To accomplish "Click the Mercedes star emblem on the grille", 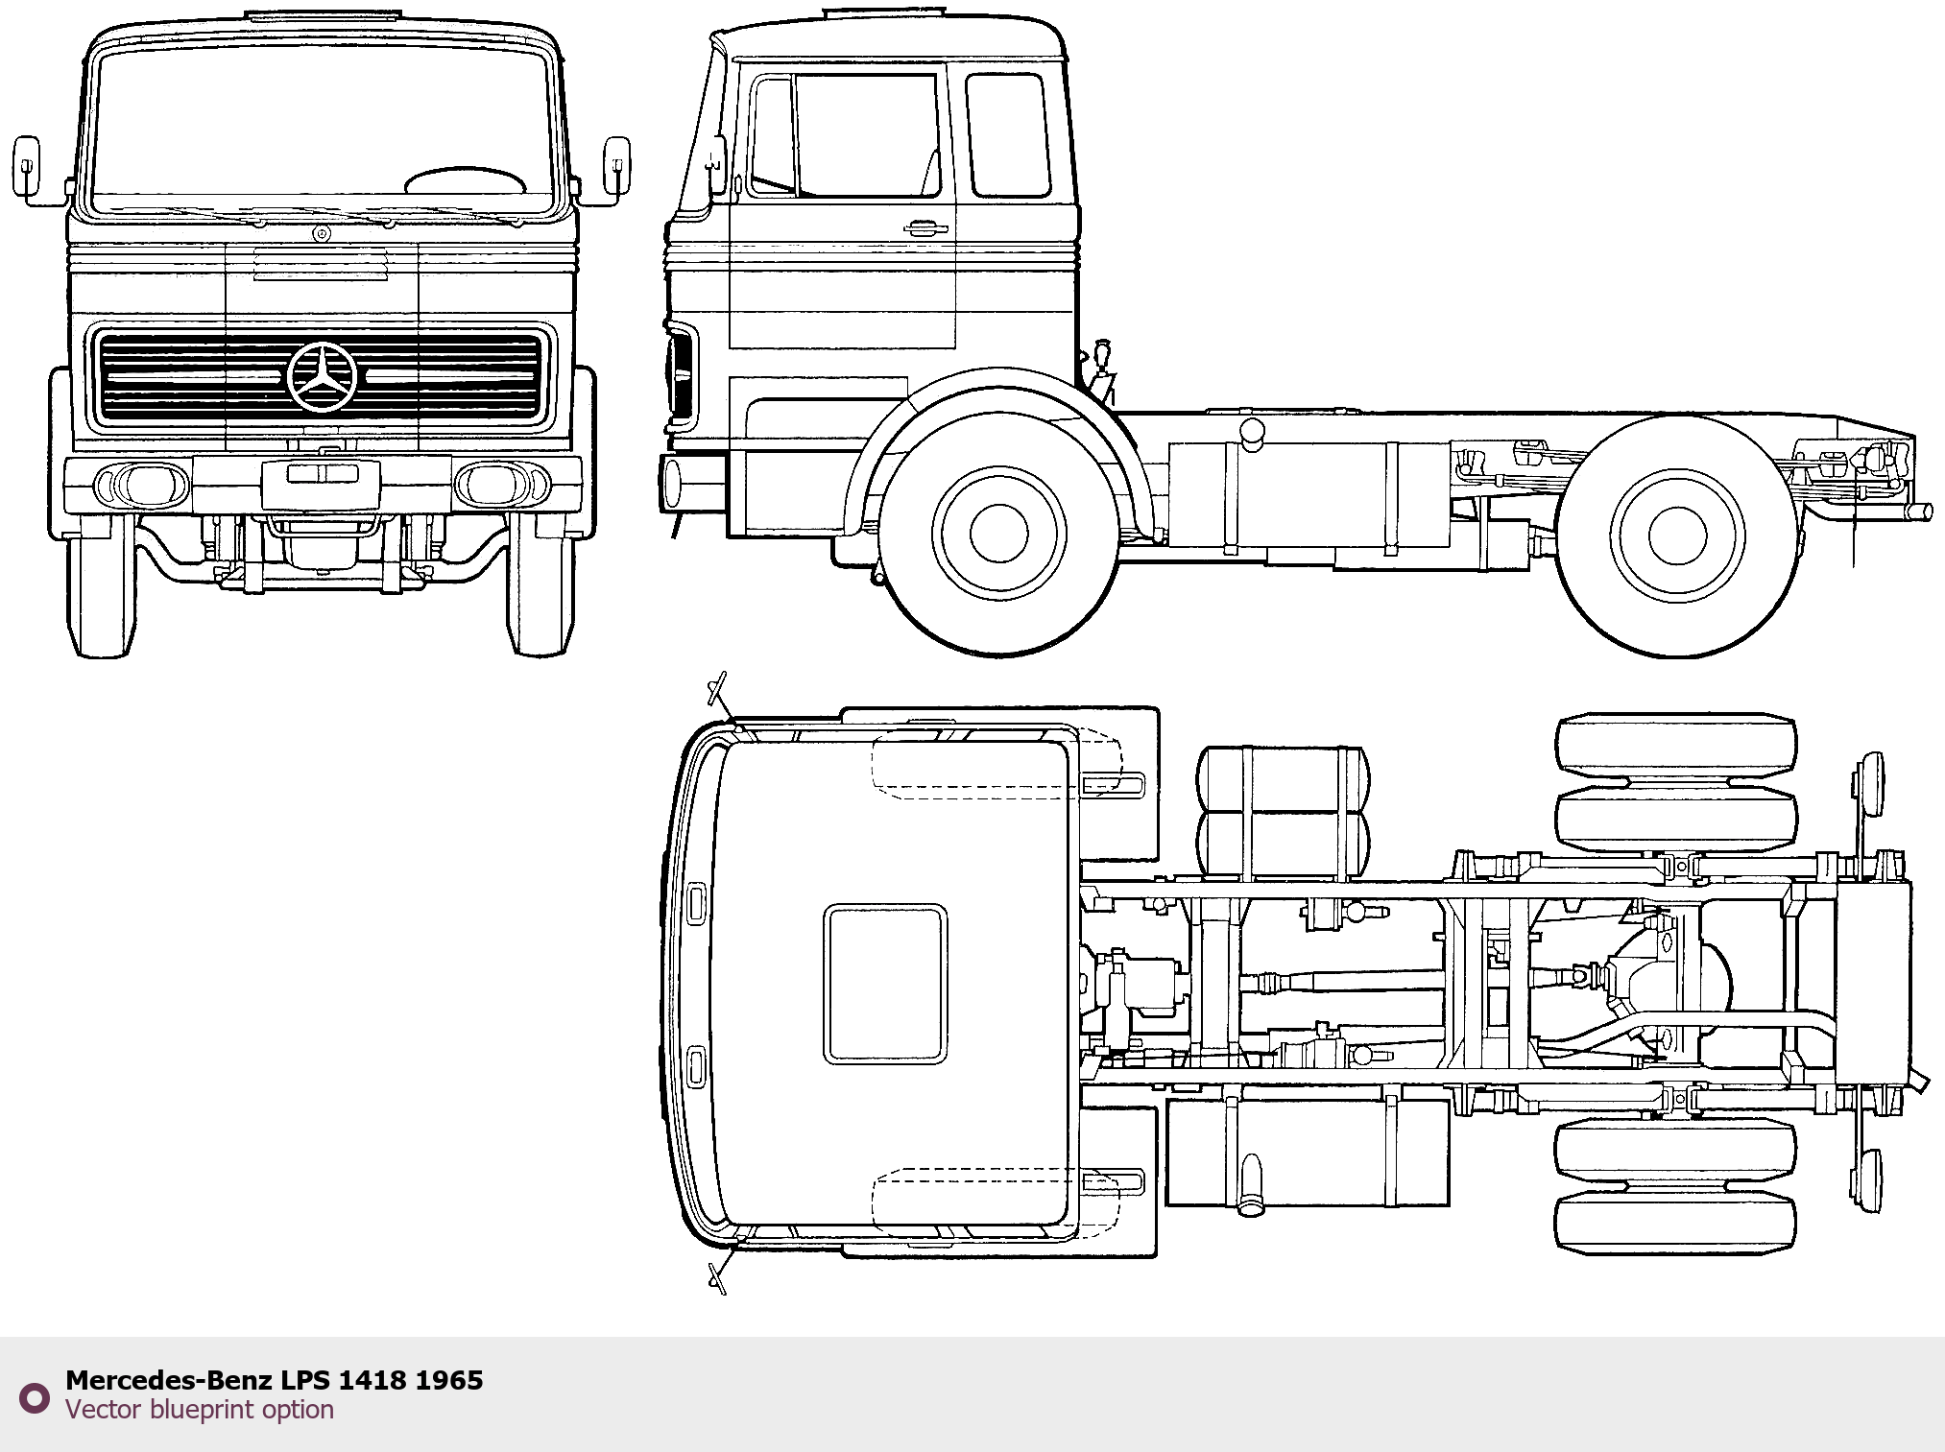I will (322, 375).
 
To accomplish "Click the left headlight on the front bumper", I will (148, 484).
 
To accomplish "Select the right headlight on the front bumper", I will (495, 484).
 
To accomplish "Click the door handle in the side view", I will (925, 228).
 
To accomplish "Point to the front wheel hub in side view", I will (998, 534).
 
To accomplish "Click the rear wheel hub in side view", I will (1676, 534).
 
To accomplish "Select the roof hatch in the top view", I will (885, 984).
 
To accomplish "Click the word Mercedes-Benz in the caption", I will (169, 1380).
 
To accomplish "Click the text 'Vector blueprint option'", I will (200, 1410).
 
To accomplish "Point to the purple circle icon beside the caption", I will (36, 1397).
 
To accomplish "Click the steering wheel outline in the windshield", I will (466, 181).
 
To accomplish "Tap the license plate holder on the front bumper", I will (322, 474).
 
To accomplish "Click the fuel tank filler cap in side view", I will (1252, 433).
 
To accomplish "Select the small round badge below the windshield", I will (321, 234).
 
